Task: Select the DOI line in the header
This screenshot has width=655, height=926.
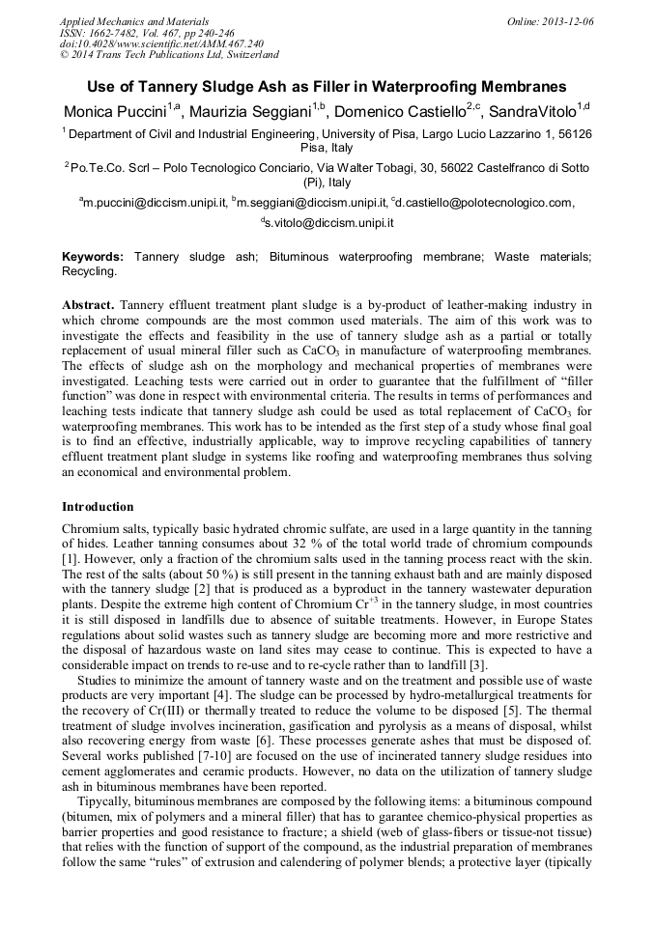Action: tap(161, 43)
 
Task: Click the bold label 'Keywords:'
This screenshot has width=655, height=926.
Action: tap(93, 258)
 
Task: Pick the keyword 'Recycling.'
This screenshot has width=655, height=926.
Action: tap(89, 272)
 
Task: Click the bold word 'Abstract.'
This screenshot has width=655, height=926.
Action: tap(89, 305)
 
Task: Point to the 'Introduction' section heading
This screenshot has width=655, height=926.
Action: tap(98, 507)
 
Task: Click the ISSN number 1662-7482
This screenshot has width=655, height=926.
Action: tap(121, 33)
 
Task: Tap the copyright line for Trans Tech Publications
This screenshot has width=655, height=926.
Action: tap(169, 55)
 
